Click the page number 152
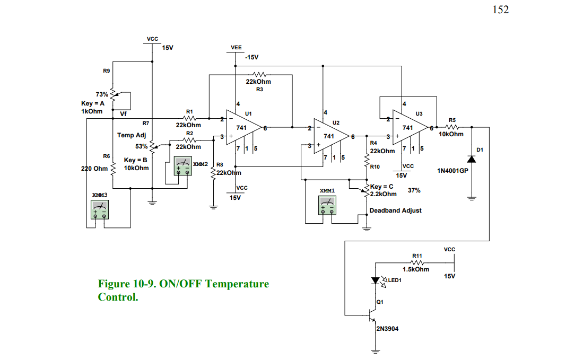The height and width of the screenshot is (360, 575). click(500, 10)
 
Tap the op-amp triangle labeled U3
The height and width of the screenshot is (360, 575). click(409, 128)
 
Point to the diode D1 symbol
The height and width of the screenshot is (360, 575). click(471, 160)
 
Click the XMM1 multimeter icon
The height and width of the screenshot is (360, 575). click(327, 205)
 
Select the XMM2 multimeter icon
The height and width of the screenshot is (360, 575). click(182, 166)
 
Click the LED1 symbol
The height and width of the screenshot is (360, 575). click(375, 280)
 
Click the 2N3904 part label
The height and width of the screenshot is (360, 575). click(387, 329)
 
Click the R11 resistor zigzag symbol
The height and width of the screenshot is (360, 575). click(417, 262)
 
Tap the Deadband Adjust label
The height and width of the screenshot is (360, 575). click(395, 210)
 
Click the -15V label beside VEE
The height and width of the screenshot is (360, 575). click(251, 57)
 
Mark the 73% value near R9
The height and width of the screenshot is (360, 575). click(102, 94)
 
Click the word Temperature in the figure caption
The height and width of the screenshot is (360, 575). click(237, 284)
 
